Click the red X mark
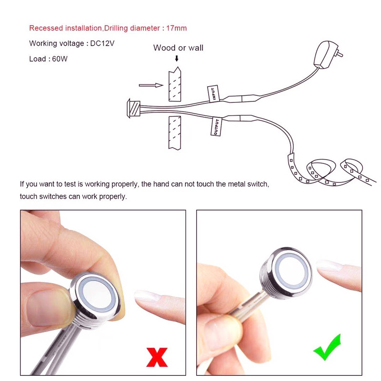[x=157, y=357]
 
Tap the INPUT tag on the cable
[x=213, y=93]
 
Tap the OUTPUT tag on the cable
[x=216, y=126]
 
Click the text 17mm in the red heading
[x=176, y=28]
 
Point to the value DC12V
[x=102, y=43]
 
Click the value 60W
[x=60, y=59]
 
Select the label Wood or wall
[x=178, y=48]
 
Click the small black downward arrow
[x=177, y=58]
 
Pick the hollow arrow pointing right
[x=151, y=85]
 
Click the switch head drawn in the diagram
[x=133, y=109]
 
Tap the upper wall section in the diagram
[x=175, y=84]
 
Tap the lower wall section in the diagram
[x=175, y=133]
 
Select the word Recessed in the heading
[x=46, y=28]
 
